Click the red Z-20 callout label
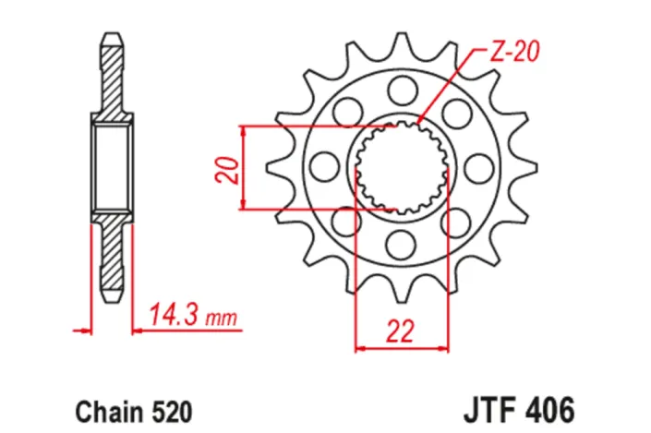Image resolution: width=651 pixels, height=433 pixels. [511, 53]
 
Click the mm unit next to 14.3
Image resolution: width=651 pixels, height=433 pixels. [221, 320]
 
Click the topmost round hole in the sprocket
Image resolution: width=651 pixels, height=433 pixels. [402, 90]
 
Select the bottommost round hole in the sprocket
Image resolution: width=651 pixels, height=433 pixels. [402, 244]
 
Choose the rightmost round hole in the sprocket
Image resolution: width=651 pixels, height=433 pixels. [478, 167]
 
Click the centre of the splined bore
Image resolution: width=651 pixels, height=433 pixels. [402, 167]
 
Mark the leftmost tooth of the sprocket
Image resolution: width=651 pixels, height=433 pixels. [275, 167]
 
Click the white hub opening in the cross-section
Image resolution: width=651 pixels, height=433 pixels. [111, 167]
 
